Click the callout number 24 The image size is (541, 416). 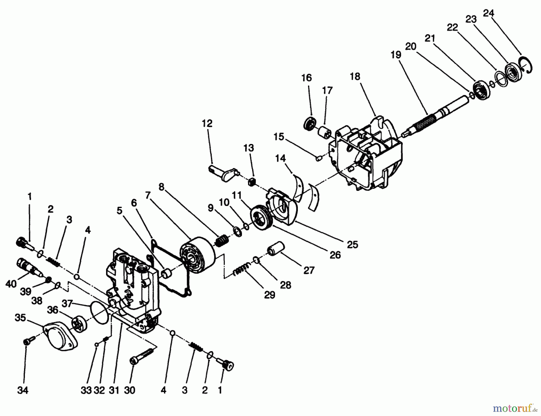(488, 14)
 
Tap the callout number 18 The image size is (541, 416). (355, 77)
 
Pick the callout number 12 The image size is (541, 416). (207, 124)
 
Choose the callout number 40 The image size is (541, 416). (11, 283)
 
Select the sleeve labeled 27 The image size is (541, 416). (276, 248)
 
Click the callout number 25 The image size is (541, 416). (352, 245)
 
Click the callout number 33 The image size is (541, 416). (86, 390)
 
